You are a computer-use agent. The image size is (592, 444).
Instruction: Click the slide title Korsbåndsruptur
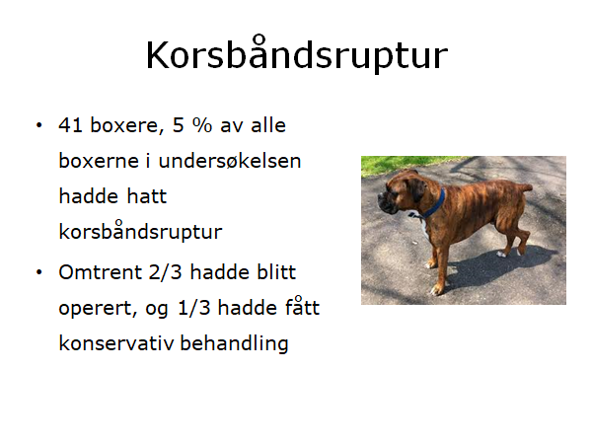tap(297, 54)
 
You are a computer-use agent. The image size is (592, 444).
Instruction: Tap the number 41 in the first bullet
tap(71, 125)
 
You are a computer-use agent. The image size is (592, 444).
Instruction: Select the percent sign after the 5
tap(202, 125)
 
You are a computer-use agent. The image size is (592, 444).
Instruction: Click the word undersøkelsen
tap(230, 161)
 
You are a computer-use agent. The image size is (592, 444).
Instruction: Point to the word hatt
tap(146, 196)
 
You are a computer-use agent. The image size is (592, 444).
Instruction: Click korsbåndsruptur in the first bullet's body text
tap(140, 230)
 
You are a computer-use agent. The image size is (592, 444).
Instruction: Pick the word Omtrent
tap(100, 272)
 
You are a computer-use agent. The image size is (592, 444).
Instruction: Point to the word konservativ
tap(116, 342)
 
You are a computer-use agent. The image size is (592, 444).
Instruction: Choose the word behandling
tap(234, 343)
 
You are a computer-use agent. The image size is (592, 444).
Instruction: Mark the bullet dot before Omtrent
tap(38, 272)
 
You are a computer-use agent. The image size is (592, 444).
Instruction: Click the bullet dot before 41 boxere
tap(38, 125)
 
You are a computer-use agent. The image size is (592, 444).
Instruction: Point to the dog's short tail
tap(524, 186)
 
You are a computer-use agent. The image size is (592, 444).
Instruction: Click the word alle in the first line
tap(268, 125)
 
